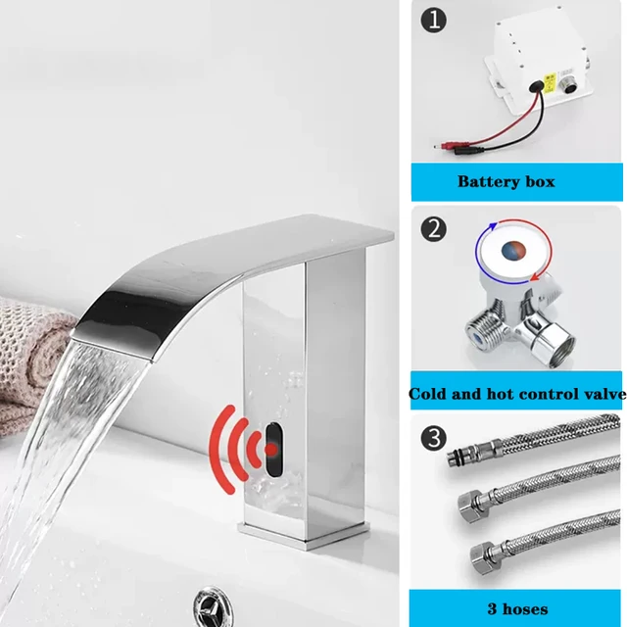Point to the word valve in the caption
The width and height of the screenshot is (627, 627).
coord(602,395)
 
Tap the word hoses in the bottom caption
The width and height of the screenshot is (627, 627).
coord(529,609)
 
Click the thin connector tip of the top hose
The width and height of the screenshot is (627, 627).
coord(453,458)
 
